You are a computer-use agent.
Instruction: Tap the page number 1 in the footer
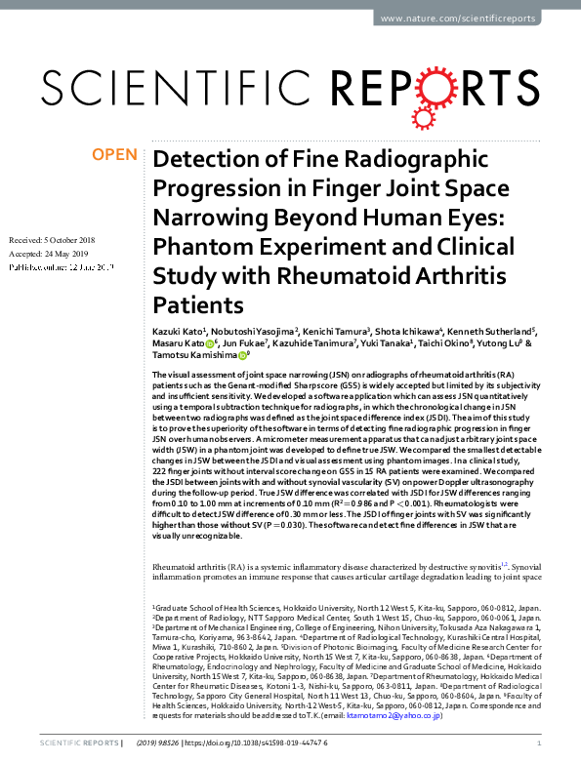pyautogui.click(x=540, y=743)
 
